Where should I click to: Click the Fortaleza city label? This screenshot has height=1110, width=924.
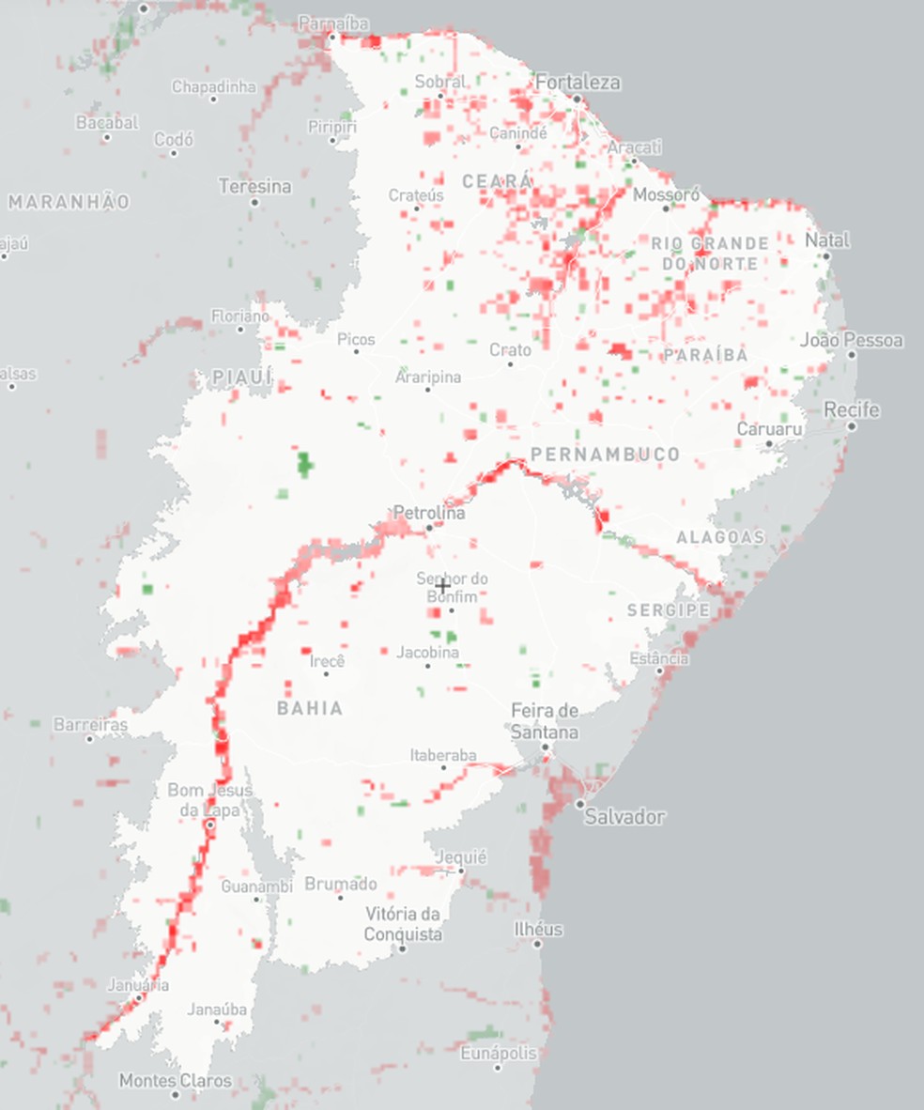[x=577, y=83]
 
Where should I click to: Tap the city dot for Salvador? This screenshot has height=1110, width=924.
[x=580, y=805]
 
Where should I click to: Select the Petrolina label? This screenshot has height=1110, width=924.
[x=429, y=514]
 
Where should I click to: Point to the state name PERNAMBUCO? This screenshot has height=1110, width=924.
[x=605, y=455]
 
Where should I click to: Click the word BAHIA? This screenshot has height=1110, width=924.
[x=310, y=708]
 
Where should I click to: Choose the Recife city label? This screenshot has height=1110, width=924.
[x=851, y=410]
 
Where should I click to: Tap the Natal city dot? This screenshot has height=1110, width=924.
[x=827, y=254]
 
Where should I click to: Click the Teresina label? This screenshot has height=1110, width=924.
[x=254, y=186]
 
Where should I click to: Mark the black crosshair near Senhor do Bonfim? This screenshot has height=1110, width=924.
[x=441, y=586]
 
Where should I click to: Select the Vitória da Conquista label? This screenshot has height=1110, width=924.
[x=403, y=924]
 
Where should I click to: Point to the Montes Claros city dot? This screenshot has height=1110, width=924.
[x=175, y=1094]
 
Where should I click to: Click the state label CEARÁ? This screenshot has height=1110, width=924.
[x=498, y=180]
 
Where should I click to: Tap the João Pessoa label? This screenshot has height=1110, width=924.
[x=852, y=340]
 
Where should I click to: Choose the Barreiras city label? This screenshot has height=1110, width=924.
[x=90, y=725]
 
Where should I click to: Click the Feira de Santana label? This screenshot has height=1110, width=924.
[x=545, y=720]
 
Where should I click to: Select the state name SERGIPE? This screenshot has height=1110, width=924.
[x=669, y=610]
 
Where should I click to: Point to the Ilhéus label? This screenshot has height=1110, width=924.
[x=538, y=929]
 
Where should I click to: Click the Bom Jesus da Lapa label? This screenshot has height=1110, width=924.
[x=209, y=800]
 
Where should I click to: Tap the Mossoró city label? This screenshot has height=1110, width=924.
[x=667, y=195]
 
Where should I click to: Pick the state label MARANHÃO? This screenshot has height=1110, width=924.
[x=69, y=201]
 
